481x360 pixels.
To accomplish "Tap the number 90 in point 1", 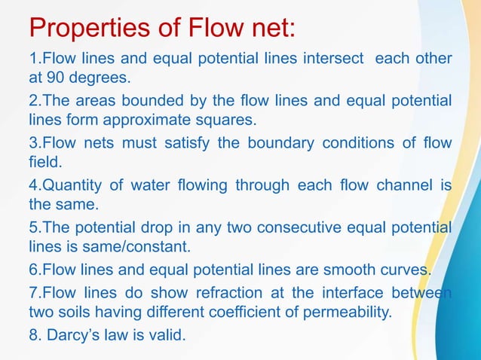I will pos(57,77).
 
